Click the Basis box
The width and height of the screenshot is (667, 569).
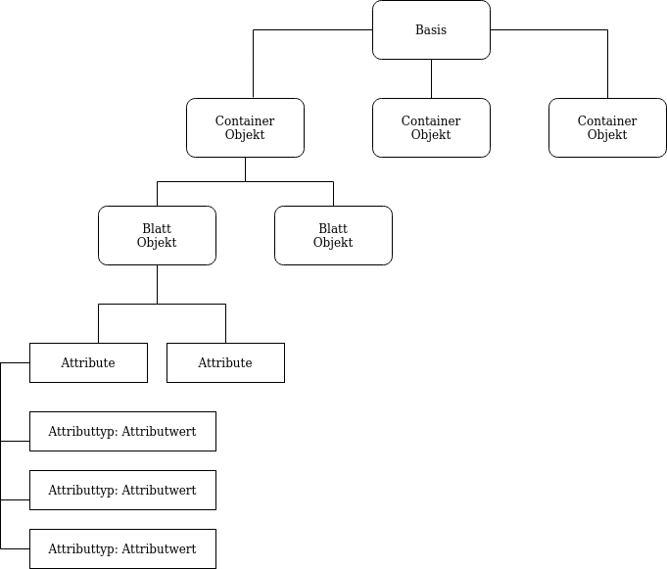point(431,29)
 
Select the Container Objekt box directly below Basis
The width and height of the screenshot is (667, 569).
point(431,127)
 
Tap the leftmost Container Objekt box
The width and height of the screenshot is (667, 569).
point(245,127)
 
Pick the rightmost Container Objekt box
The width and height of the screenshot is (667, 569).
point(607,127)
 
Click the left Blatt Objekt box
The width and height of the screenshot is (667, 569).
point(157,235)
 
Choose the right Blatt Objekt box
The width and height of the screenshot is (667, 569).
point(333,235)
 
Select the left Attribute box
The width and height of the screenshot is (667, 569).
point(88,362)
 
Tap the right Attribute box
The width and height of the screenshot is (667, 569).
point(225,362)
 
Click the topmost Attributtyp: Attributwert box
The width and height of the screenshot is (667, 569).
point(122,431)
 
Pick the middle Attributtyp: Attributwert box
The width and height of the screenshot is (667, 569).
point(122,490)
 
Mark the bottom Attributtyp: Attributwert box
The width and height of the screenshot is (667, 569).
point(122,548)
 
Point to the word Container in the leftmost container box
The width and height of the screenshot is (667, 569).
point(245,121)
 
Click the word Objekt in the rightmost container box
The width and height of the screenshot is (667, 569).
point(607,135)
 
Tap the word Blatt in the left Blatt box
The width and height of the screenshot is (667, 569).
point(157,229)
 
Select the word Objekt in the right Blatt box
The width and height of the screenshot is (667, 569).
point(333,243)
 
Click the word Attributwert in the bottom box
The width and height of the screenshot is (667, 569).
point(159,549)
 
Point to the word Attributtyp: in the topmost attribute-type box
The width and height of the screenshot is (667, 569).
point(83,432)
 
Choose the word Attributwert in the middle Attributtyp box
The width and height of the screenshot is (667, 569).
point(159,491)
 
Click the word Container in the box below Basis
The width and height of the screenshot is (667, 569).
point(431,121)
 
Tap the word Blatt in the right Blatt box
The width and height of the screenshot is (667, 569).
point(333,229)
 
